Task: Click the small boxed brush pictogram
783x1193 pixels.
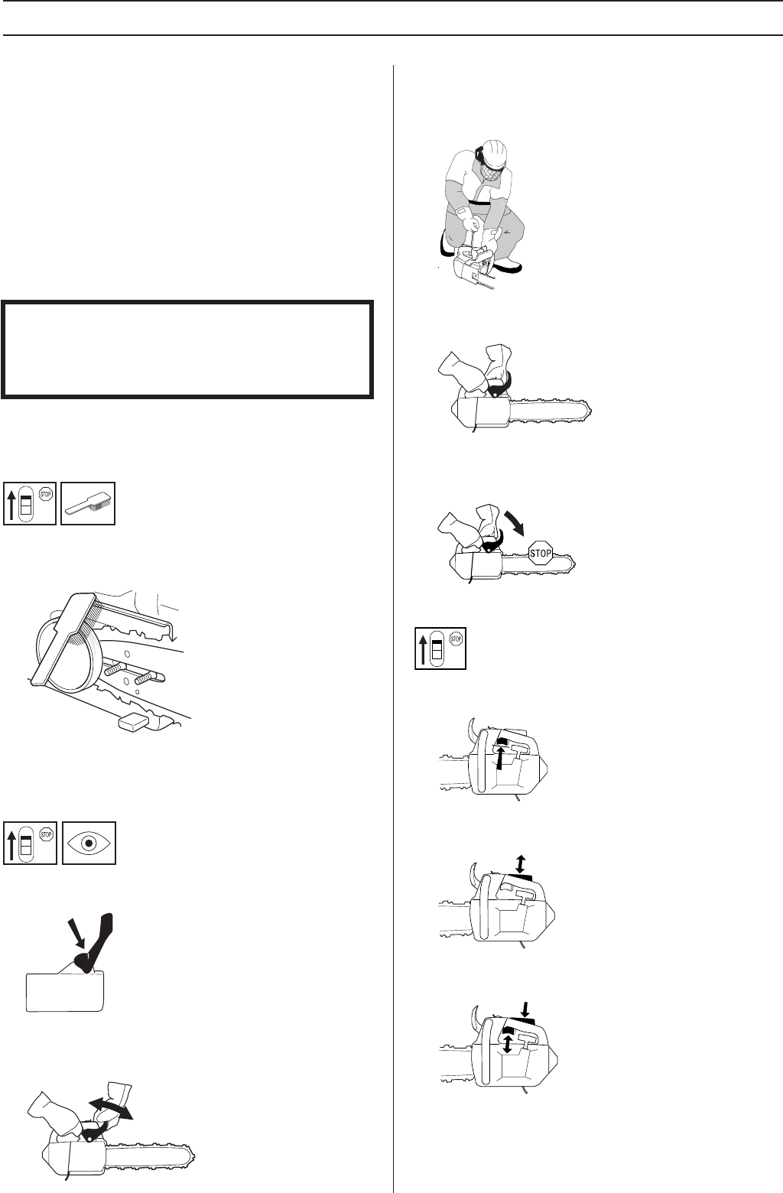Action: coord(88,503)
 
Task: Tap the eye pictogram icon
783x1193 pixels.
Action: coord(88,843)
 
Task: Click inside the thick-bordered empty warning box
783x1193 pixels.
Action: coord(187,349)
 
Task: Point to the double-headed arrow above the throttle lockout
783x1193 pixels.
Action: coord(521,863)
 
